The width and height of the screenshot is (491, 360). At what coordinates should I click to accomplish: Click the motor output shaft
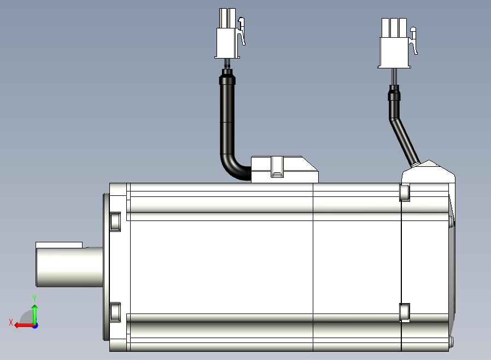[x=69, y=266]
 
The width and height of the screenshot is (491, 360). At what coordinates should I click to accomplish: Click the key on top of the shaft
[x=59, y=245]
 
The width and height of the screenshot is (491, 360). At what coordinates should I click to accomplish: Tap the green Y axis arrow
[x=34, y=315]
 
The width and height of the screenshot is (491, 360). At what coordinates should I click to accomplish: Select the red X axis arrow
[x=25, y=325]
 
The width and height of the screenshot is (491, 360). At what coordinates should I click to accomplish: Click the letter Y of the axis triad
[x=34, y=298]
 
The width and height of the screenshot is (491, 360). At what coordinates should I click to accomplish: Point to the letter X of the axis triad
[x=11, y=322]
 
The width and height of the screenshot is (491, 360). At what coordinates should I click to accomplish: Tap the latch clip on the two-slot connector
[x=242, y=31]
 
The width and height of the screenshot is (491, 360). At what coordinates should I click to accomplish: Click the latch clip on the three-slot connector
[x=414, y=40]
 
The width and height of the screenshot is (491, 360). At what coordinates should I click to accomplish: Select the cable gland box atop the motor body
[x=284, y=170]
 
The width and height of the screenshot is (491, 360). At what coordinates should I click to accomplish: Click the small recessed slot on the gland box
[x=277, y=167]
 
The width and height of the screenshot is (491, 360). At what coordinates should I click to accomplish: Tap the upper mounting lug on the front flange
[x=115, y=222]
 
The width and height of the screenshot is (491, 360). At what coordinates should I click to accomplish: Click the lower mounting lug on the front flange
[x=115, y=312]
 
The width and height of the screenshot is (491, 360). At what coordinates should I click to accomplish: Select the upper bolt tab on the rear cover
[x=405, y=193]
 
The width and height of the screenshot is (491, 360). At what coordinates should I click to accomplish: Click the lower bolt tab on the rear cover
[x=405, y=312]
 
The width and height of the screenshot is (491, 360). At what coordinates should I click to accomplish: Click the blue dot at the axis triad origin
[x=35, y=326]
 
